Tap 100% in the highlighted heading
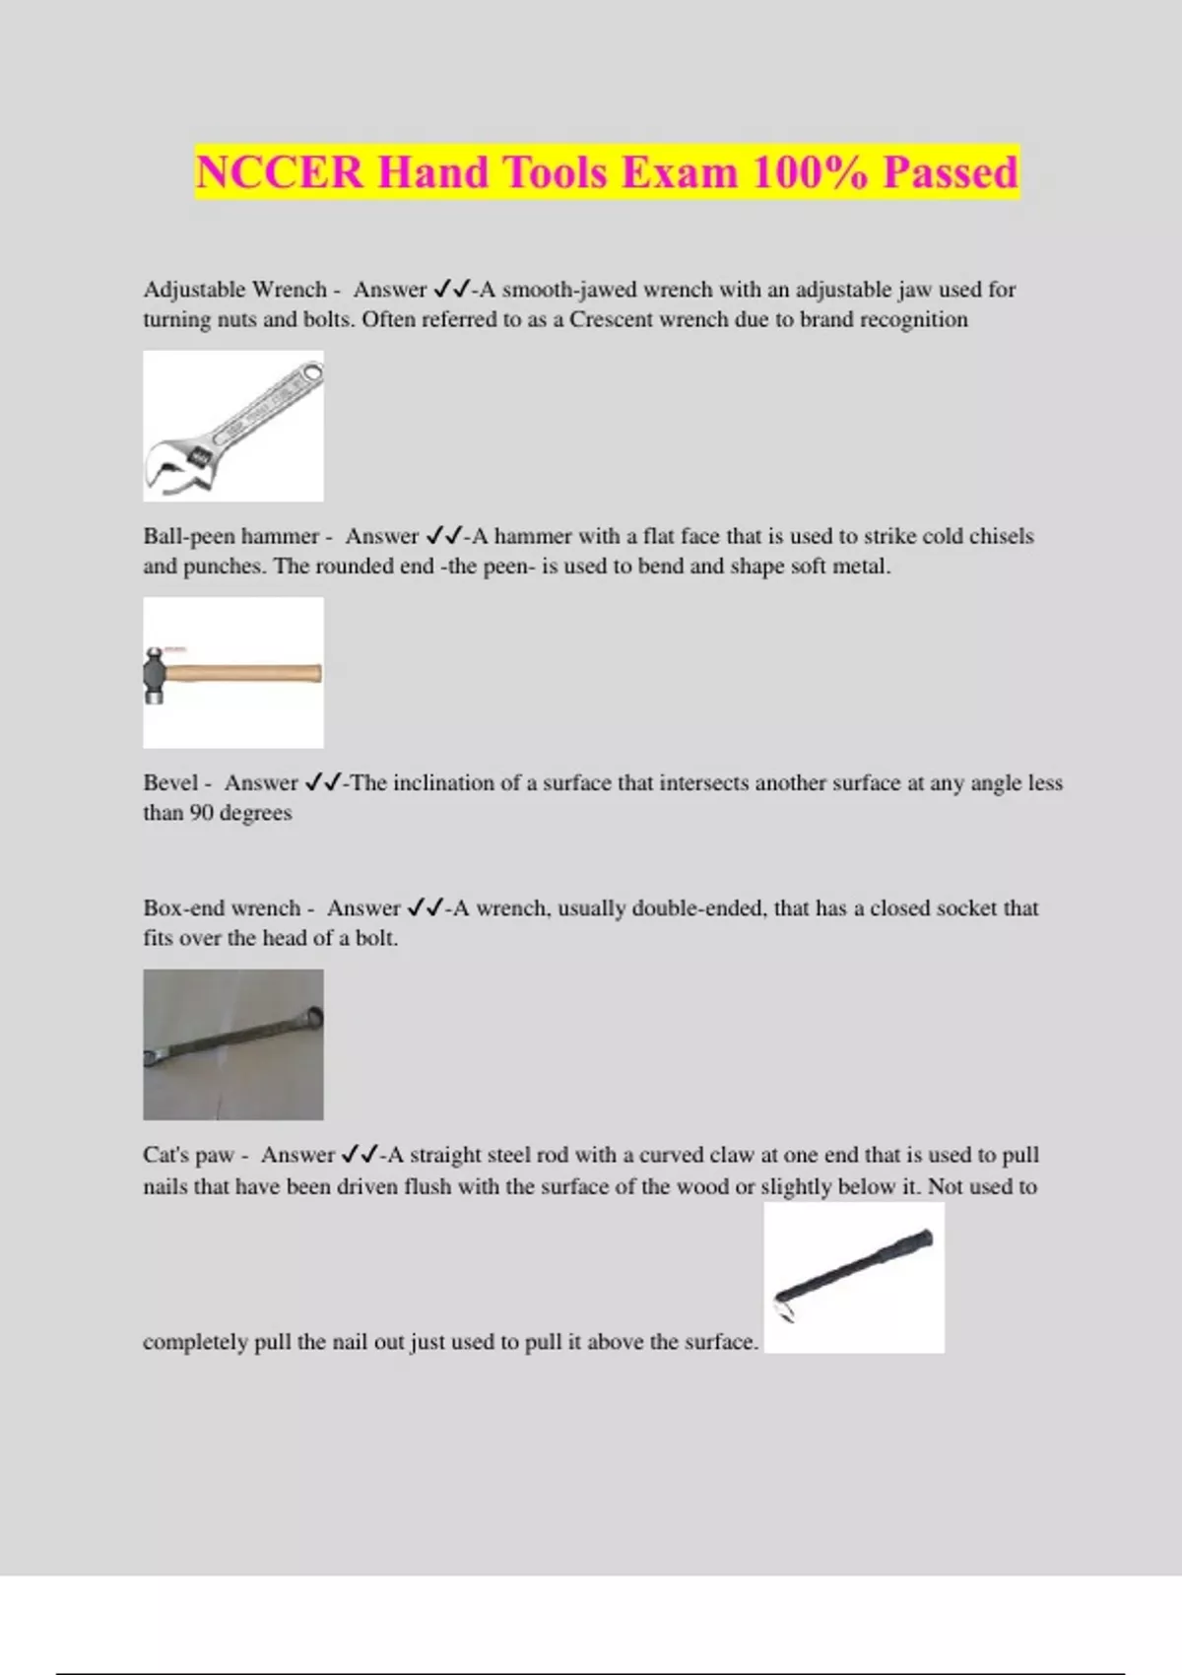click(x=810, y=172)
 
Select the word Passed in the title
click(x=950, y=172)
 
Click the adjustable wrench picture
click(x=233, y=426)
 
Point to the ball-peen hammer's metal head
click(x=155, y=674)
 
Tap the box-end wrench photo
click(x=233, y=1044)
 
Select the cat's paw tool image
click(x=854, y=1277)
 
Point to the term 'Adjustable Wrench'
click(x=234, y=290)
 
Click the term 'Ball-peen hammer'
click(x=230, y=536)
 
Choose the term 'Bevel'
click(x=170, y=782)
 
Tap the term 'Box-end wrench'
click(x=222, y=907)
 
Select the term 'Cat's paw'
click(x=188, y=1155)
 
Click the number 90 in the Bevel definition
click(x=201, y=813)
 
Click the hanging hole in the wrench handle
click(x=311, y=373)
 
